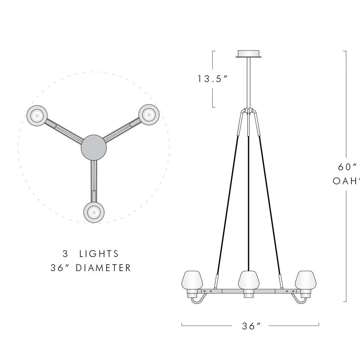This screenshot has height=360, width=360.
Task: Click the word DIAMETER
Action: [103, 268]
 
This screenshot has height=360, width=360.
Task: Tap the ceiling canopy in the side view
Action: [248, 53]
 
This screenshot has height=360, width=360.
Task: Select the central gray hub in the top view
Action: [94, 147]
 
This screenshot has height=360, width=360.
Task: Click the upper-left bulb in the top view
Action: [37, 115]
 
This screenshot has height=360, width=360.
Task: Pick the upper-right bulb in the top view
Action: [149, 114]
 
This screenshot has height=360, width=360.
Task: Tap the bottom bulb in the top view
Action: [94, 212]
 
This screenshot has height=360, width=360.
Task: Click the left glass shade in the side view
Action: [193, 279]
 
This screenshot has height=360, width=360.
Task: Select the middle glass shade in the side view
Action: [249, 279]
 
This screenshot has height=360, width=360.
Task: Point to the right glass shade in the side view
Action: [305, 279]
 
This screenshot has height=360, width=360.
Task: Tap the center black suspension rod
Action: [248, 202]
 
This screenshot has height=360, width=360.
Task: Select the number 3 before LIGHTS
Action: [65, 254]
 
